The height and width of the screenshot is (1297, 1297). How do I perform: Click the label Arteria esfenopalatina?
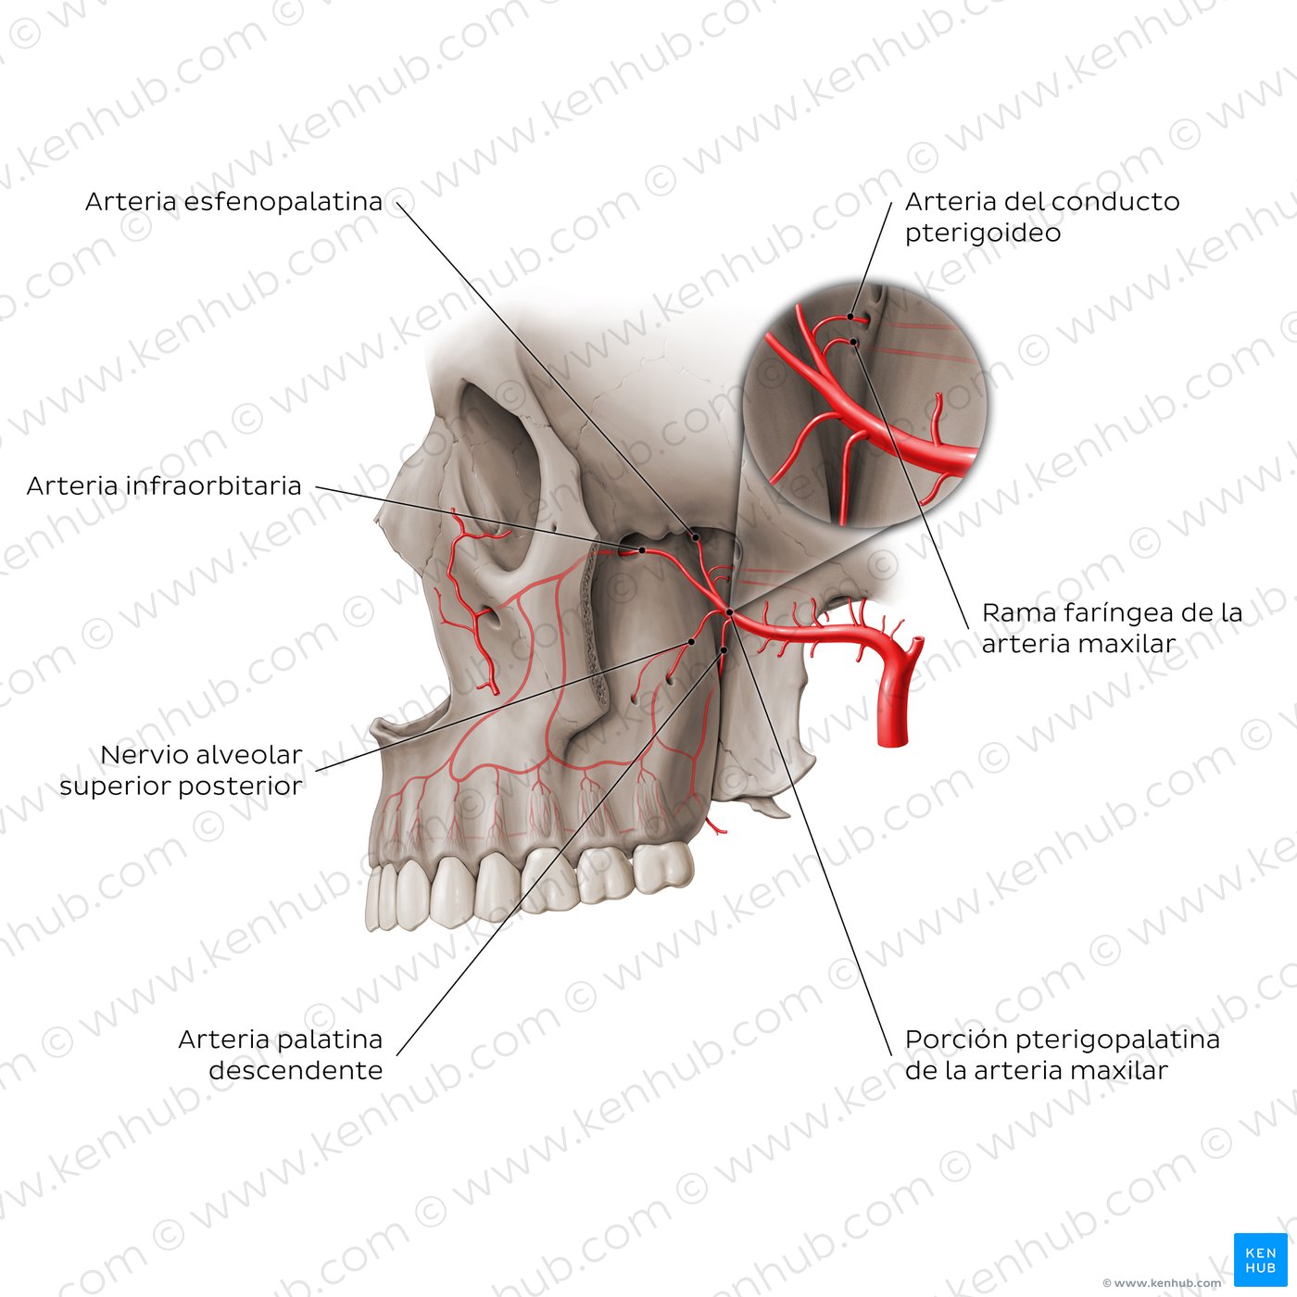pyautogui.click(x=233, y=201)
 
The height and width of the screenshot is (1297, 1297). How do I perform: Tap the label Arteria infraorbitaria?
pyautogui.click(x=164, y=485)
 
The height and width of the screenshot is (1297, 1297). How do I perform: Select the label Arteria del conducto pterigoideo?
pyautogui.click(x=1042, y=217)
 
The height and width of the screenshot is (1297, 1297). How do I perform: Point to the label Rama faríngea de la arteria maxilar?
pyautogui.click(x=1112, y=627)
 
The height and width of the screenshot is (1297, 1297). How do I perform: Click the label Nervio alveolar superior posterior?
pyautogui.click(x=181, y=770)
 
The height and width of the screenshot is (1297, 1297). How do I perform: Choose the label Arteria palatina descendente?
pyautogui.click(x=281, y=1054)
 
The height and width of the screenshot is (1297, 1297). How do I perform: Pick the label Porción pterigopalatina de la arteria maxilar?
pyautogui.click(x=1062, y=1054)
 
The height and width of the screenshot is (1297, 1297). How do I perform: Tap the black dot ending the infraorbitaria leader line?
pyautogui.click(x=642, y=550)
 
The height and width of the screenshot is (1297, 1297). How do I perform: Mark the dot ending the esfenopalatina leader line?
pyautogui.click(x=697, y=537)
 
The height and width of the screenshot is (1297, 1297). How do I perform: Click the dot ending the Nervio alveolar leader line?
pyautogui.click(x=690, y=642)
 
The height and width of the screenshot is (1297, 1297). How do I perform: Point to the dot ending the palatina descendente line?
pyautogui.click(x=724, y=650)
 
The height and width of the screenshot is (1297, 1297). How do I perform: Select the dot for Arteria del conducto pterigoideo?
pyautogui.click(x=850, y=316)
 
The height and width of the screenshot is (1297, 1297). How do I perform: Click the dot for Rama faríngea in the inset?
pyautogui.click(x=853, y=342)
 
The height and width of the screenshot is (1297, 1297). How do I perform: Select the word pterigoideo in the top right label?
pyautogui.click(x=983, y=233)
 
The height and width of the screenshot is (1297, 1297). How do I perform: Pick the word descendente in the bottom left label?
pyautogui.click(x=296, y=1070)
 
